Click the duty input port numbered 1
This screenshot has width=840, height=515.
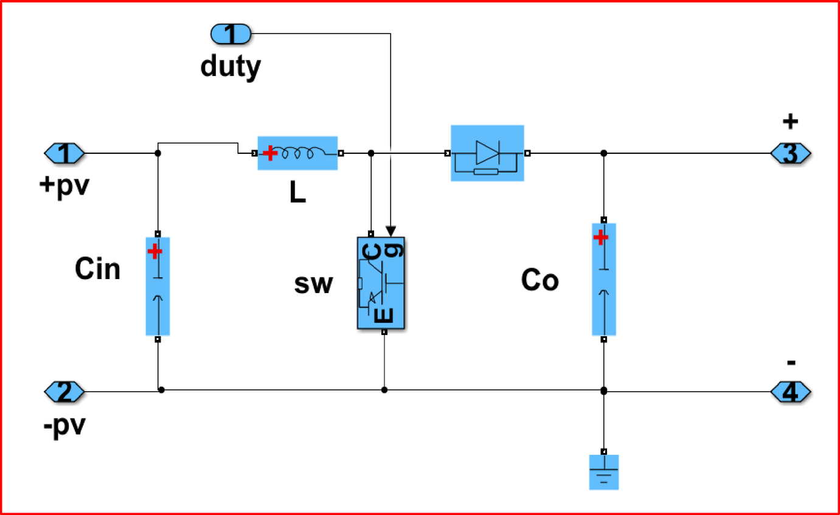pos(231,34)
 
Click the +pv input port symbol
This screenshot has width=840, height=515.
pos(64,153)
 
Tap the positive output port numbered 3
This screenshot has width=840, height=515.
pos(790,153)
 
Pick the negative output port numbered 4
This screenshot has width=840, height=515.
pos(790,392)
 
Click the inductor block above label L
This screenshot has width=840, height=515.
pos(297,153)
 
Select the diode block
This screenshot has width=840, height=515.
pos(487,153)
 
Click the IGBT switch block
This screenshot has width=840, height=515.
pos(381,283)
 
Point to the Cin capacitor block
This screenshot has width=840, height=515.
pos(158,286)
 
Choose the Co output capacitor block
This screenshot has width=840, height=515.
pos(604,279)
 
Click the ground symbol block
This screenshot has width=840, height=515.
pos(604,472)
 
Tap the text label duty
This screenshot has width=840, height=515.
pos(231,67)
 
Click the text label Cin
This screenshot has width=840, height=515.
pos(97,268)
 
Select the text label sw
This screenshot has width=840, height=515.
pos(314,284)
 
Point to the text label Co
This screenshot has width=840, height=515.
pos(540,280)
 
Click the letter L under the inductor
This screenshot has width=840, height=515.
pos(297,193)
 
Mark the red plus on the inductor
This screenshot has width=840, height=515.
pos(270,153)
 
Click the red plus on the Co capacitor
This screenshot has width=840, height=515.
pos(601,238)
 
